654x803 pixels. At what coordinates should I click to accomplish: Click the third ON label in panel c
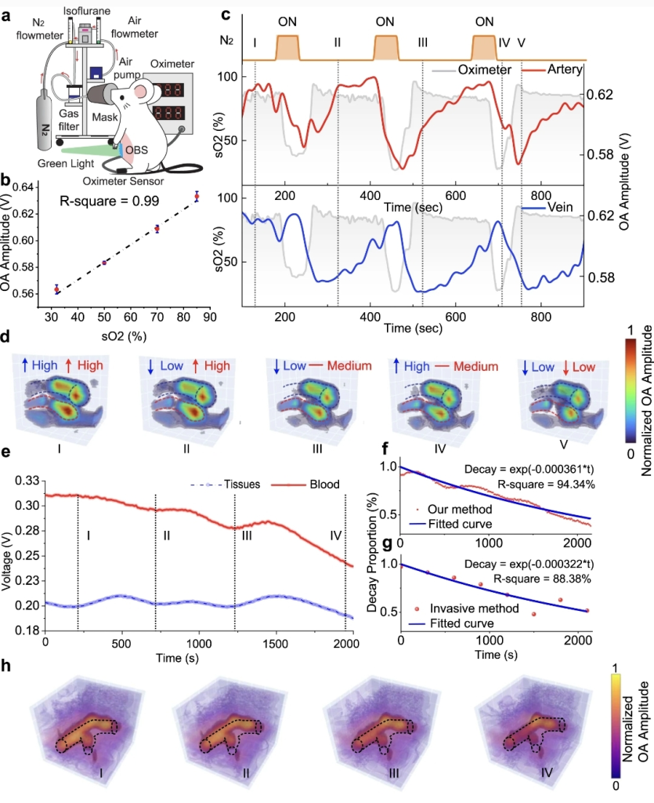[486, 20]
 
